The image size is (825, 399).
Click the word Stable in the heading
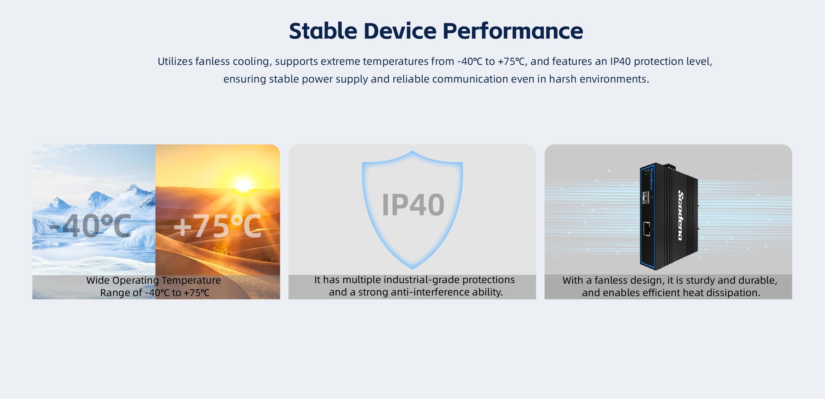point(323,31)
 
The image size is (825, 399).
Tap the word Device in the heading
point(400,31)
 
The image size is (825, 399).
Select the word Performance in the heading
point(513,31)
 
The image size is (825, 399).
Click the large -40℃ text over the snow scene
point(90,226)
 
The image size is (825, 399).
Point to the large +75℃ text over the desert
point(217,226)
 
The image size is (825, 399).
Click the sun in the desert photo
point(243,186)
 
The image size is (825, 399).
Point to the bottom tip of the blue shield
point(412,269)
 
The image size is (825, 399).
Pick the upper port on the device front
point(646,197)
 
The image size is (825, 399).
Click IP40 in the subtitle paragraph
point(620,61)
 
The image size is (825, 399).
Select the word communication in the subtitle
point(470,79)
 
